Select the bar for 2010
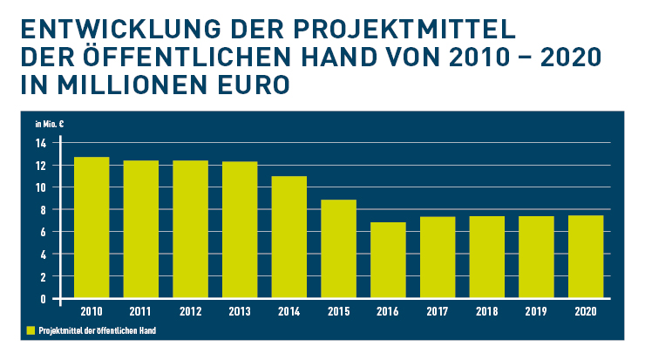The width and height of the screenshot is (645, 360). point(92,228)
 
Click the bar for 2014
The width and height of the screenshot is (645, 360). point(289,237)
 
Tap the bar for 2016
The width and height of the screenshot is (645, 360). point(388,260)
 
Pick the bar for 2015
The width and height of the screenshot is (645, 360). point(338,248)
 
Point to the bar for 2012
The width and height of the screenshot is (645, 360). point(190,229)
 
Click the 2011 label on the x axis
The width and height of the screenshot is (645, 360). point(140,310)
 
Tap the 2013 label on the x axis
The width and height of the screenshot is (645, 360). point(239,310)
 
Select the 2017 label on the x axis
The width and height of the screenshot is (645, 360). point(437,310)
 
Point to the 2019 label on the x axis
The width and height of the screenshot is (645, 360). point(535,310)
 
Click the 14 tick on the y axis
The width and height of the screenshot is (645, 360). point(40,143)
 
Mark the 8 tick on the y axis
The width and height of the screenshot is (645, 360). point(43,210)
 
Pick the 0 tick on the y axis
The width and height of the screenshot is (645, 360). point(43,299)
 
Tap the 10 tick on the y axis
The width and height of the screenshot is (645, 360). point(40,187)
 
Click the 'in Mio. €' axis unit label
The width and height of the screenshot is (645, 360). point(49,123)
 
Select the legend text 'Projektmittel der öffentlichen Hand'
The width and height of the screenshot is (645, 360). point(96,331)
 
